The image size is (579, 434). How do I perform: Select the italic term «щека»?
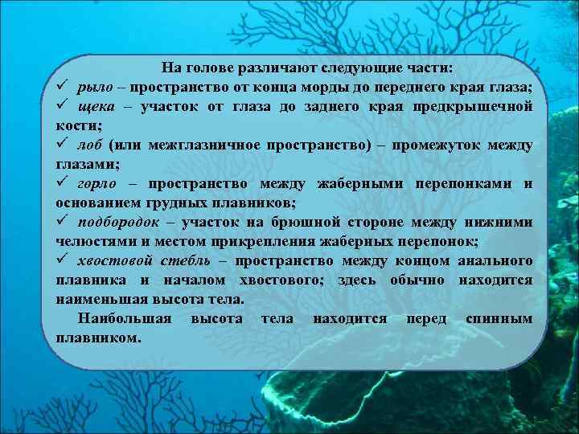97,107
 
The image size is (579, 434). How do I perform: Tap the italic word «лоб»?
90,145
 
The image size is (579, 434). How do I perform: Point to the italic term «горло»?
99,184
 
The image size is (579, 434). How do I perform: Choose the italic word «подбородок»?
120,223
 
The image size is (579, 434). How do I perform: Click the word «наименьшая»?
105,300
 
